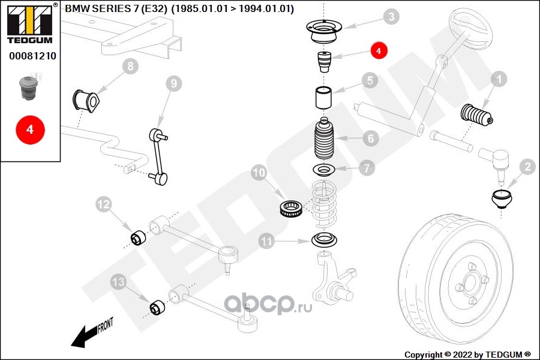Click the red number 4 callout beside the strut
tap(379, 50)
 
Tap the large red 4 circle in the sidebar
tap(31, 130)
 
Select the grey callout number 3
tap(391, 17)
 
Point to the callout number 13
tap(118, 282)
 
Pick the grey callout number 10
tap(259, 173)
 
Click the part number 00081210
tap(33, 56)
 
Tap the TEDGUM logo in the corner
tap(31, 23)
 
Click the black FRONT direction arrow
tap(92, 332)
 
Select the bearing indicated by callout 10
tap(291, 208)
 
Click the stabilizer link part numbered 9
tap(158, 157)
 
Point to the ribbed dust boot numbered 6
tap(325, 140)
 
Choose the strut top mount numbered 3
tap(325, 32)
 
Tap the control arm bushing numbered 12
tap(139, 238)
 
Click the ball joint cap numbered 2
tap(502, 200)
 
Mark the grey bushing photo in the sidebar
tap(28, 89)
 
